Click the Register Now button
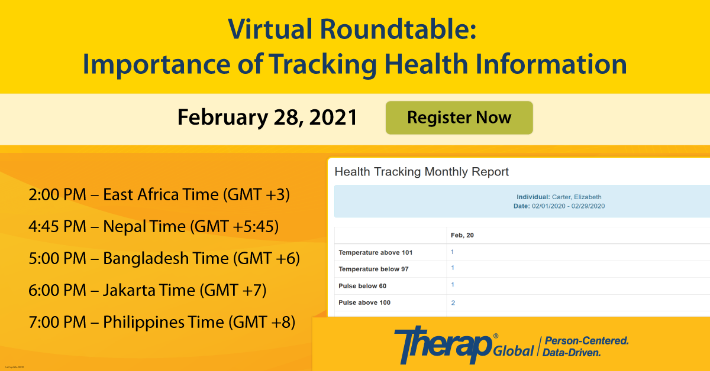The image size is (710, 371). click(459, 118)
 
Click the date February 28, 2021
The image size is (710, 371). click(267, 118)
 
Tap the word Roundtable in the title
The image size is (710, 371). click(398, 30)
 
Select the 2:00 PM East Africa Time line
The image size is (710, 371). click(159, 194)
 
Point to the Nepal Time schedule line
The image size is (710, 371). click(154, 226)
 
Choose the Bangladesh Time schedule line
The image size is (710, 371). click(164, 258)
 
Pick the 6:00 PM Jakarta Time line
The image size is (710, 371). click(147, 290)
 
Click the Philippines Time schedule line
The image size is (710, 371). click(162, 322)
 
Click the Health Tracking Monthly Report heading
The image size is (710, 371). click(421, 172)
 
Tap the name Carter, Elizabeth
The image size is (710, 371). click(576, 197)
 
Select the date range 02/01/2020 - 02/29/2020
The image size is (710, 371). click(569, 206)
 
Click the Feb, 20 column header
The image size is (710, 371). click(462, 235)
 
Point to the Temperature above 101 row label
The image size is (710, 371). click(376, 253)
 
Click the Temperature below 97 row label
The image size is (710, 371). click(373, 269)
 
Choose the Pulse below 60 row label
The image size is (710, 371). click(362, 286)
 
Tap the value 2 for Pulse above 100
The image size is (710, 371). click(453, 302)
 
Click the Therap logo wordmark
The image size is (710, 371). click(444, 345)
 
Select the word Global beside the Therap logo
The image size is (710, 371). click(513, 351)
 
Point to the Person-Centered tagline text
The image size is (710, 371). click(587, 341)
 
